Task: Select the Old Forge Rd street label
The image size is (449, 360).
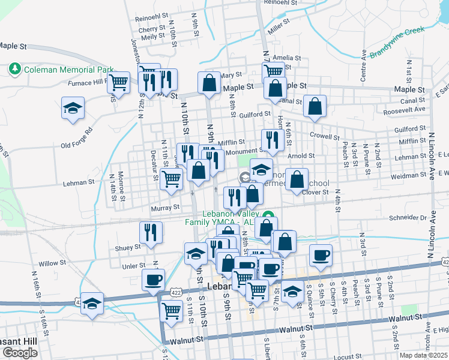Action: point(77,138)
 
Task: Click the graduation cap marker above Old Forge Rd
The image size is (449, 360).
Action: point(73,109)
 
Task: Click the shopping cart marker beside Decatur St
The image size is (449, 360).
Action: point(172,179)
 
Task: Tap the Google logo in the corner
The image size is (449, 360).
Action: point(20,353)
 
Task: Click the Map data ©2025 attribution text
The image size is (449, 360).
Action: point(423,355)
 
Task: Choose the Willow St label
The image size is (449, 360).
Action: point(52,263)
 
